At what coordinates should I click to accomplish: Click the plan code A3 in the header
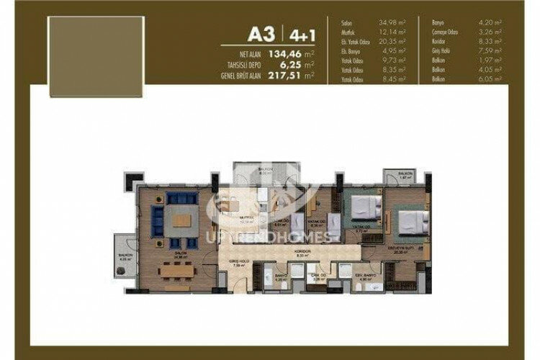tap(264, 34)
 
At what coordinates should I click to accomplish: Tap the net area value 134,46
tap(279, 53)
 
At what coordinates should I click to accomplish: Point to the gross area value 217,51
tap(279, 74)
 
